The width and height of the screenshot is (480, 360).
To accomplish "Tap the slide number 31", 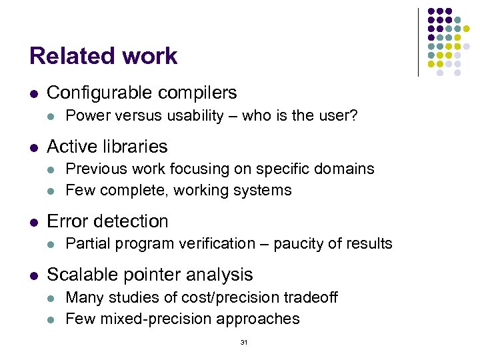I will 243,342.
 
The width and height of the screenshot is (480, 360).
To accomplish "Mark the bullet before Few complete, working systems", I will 53,191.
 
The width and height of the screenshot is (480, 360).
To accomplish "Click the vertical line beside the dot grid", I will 418,41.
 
